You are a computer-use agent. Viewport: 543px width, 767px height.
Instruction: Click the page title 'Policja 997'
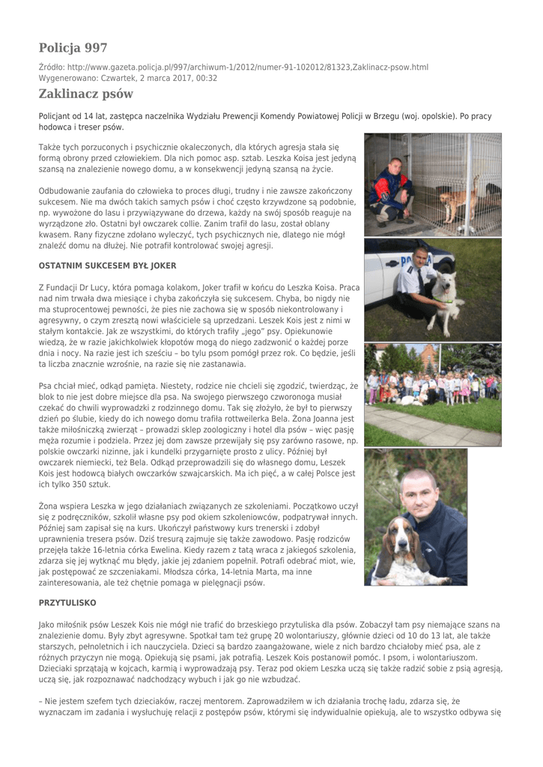click(73, 48)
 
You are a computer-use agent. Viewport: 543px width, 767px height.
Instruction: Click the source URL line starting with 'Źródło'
click(233, 67)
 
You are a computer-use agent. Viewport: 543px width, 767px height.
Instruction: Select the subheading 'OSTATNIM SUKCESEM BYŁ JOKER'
click(107, 265)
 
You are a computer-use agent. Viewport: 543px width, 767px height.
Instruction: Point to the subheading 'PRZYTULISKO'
click(67, 602)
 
